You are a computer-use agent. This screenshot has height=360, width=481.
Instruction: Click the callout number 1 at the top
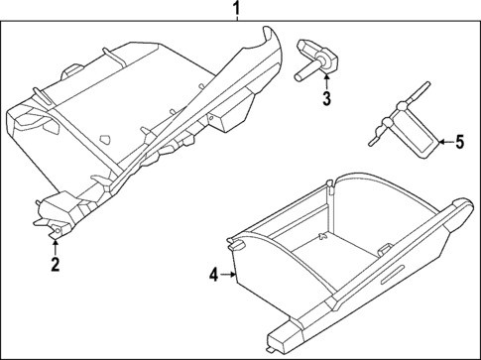coord(236,11)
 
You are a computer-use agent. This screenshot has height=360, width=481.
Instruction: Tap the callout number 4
coord(214,275)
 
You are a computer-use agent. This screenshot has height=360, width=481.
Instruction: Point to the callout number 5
coord(459,142)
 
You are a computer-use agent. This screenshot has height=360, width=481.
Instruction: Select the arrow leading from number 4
coord(227,275)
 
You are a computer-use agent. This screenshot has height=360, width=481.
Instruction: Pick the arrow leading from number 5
coord(442,142)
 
